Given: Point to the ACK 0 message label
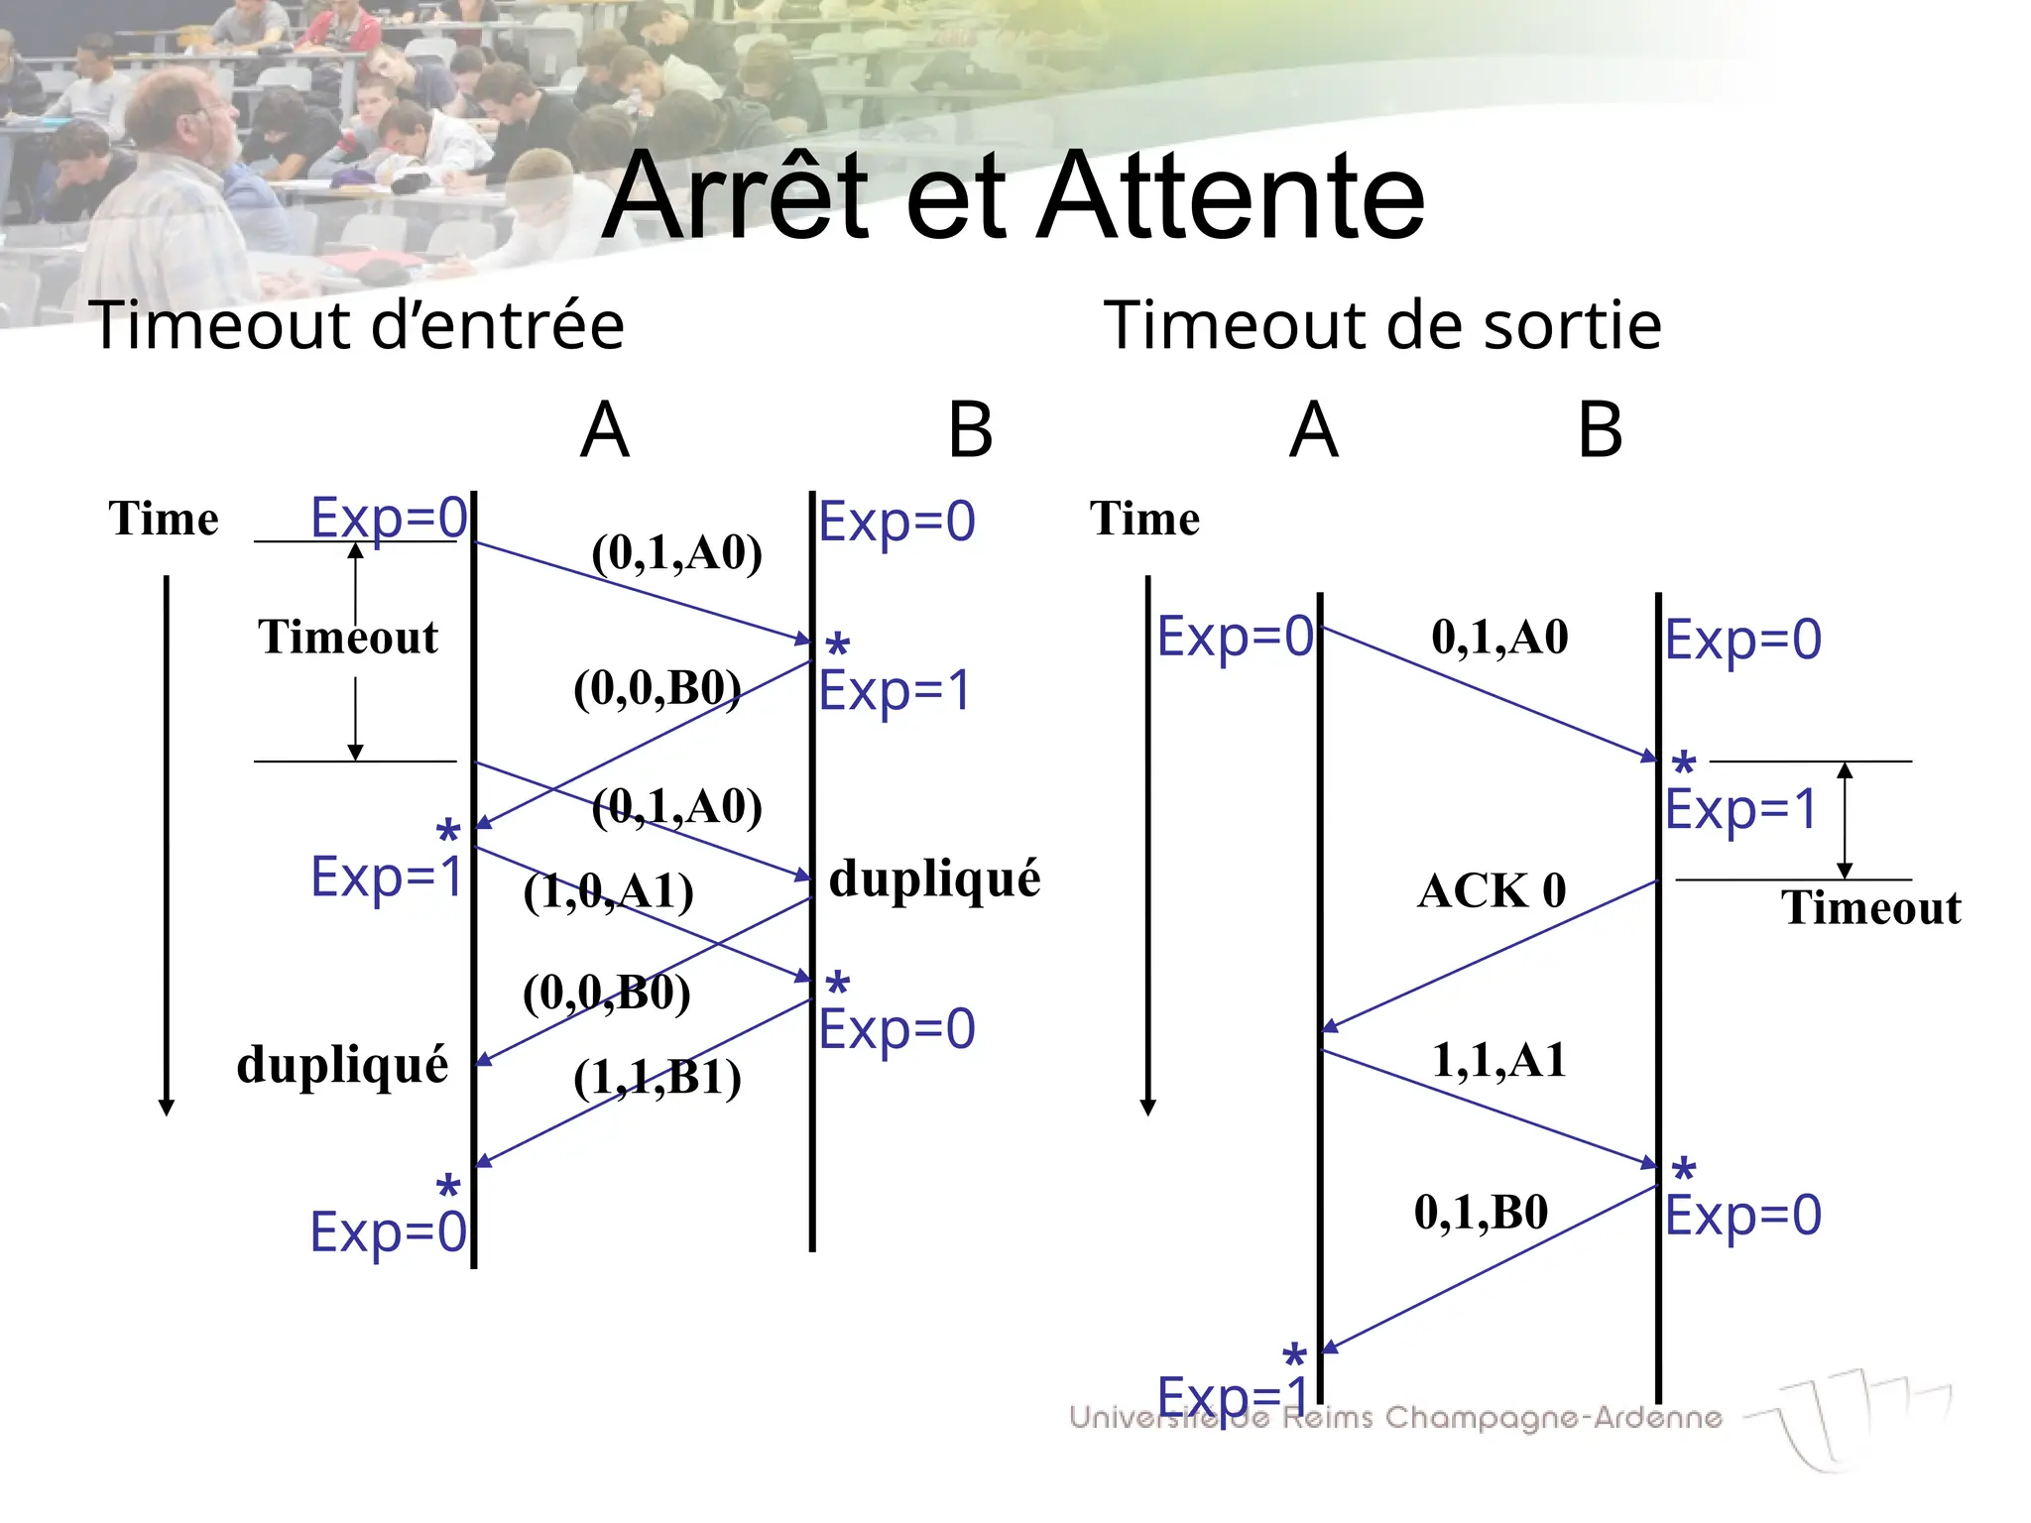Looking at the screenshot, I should (1492, 890).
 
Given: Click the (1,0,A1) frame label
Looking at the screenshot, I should (608, 891).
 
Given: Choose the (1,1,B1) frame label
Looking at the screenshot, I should (657, 1077).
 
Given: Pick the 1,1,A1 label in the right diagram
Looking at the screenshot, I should (1498, 1060).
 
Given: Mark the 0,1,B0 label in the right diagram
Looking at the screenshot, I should (1481, 1212).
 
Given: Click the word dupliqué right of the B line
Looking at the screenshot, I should (934, 879).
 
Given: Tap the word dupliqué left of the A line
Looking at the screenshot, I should (342, 1065).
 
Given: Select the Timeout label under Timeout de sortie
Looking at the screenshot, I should (1870, 907).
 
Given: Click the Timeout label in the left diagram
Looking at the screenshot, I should (347, 637).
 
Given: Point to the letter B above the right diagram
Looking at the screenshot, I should (1600, 430).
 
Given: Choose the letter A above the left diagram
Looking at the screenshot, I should (605, 430).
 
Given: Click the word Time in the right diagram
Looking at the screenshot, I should (1144, 519).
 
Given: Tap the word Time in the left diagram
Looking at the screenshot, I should (164, 519).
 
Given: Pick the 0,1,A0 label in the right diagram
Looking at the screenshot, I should (1499, 637).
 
